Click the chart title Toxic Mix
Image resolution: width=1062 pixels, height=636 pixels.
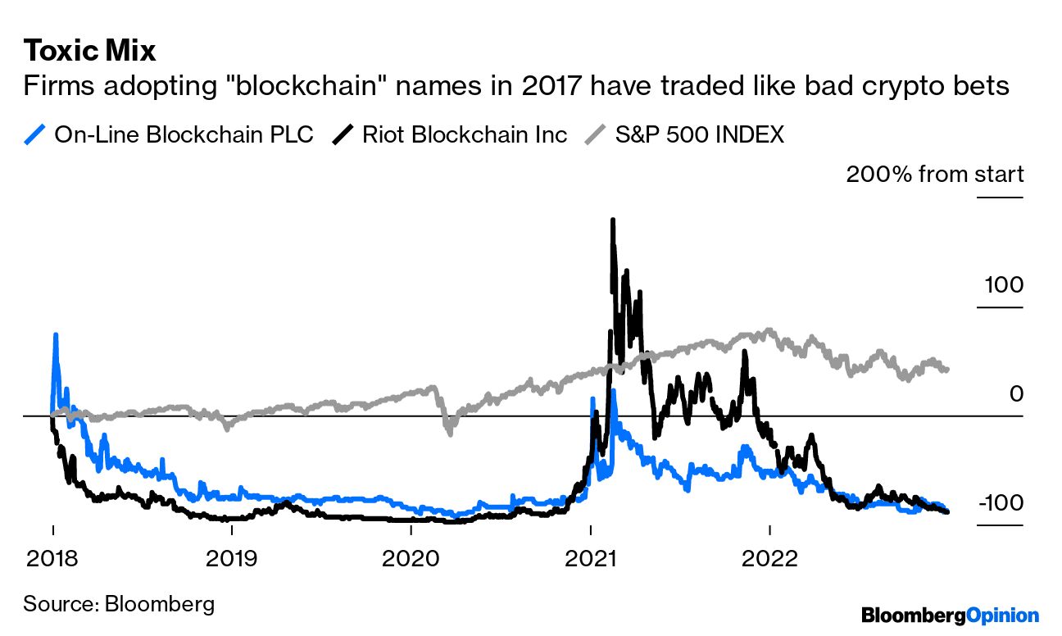pyautogui.click(x=89, y=51)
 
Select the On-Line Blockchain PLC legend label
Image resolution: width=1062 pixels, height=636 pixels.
pyautogui.click(x=184, y=134)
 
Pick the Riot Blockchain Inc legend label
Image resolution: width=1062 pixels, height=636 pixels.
pyautogui.click(x=465, y=134)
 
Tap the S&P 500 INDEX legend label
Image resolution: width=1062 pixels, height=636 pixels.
pyautogui.click(x=699, y=134)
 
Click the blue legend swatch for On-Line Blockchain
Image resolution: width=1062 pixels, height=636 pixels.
pyautogui.click(x=34, y=134)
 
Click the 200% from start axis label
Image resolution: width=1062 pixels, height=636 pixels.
pyautogui.click(x=934, y=175)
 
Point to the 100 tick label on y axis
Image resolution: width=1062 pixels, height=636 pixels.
pyautogui.click(x=1004, y=285)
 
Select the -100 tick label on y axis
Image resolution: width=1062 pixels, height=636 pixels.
pyautogui.click(x=1000, y=502)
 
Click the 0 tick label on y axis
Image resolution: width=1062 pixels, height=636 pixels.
pyautogui.click(x=1016, y=394)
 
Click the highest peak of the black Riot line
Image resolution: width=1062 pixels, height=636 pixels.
pyautogui.click(x=612, y=220)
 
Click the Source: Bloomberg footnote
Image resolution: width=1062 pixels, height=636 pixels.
pyautogui.click(x=119, y=605)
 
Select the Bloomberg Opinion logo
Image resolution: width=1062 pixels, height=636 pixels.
pyautogui.click(x=949, y=616)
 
